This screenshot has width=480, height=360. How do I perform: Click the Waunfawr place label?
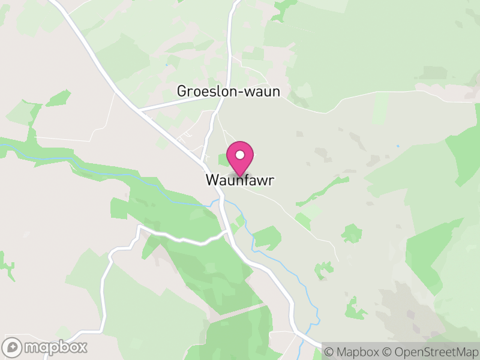240,180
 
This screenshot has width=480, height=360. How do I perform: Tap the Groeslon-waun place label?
229,91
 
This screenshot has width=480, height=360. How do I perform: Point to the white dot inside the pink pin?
240,155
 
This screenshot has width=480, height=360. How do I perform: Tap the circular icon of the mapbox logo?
12,347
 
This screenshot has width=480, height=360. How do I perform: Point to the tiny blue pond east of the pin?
397,146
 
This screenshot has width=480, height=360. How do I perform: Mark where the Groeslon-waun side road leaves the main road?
139,111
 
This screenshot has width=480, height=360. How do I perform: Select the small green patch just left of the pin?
222,160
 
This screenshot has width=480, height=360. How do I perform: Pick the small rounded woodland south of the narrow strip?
352,233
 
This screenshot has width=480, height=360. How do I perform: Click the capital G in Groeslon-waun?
182,91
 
